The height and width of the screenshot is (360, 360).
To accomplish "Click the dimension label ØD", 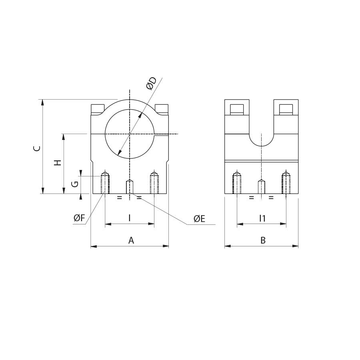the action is coord(151,83).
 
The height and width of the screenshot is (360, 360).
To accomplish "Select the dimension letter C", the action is coord(37,148).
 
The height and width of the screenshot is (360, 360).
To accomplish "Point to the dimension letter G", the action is coord(75,184).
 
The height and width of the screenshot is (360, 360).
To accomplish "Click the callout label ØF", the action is coord(80,218).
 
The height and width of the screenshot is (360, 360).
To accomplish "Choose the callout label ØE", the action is coord(199,219).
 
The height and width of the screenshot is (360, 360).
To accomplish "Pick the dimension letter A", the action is coord(131,240).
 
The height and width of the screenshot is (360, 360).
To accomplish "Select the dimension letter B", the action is coord(263,240).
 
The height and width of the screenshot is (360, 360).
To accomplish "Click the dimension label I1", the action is coord(262,218).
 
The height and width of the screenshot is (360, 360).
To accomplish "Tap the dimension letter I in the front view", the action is coord(130,218).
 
